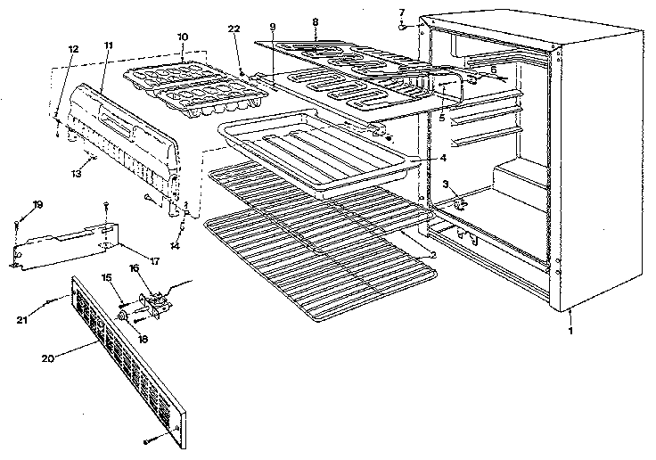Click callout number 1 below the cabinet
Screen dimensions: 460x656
(x=570, y=331)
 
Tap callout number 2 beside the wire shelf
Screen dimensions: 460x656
(x=432, y=254)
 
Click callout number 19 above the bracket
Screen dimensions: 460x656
(x=37, y=205)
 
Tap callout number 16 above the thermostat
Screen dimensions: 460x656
(x=135, y=267)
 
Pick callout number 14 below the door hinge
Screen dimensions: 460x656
(x=175, y=245)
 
